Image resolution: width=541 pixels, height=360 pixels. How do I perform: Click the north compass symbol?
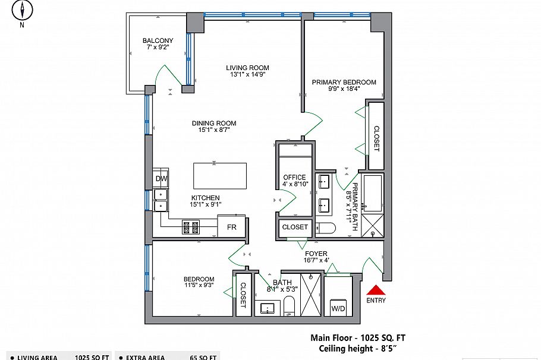(22, 11)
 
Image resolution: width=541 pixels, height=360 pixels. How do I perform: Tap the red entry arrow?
(376, 290)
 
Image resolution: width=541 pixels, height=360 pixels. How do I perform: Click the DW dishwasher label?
(161, 179)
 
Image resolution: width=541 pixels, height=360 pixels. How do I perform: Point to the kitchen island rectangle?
(219, 175)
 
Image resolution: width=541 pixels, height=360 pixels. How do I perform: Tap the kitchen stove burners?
(190, 226)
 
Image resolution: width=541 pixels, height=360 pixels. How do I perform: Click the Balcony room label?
(158, 41)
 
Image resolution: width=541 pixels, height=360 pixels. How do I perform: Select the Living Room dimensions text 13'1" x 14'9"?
(247, 75)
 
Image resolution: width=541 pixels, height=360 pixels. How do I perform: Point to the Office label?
(294, 177)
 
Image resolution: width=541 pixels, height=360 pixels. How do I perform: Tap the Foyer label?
(315, 254)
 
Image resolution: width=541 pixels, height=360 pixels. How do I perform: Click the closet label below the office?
(295, 227)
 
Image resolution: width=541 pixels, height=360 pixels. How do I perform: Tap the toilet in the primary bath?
(326, 228)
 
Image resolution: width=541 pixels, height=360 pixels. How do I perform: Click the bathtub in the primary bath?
(374, 193)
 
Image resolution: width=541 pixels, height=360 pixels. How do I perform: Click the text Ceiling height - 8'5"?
(357, 348)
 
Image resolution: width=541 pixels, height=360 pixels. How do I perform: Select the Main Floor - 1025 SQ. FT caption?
(358, 338)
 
